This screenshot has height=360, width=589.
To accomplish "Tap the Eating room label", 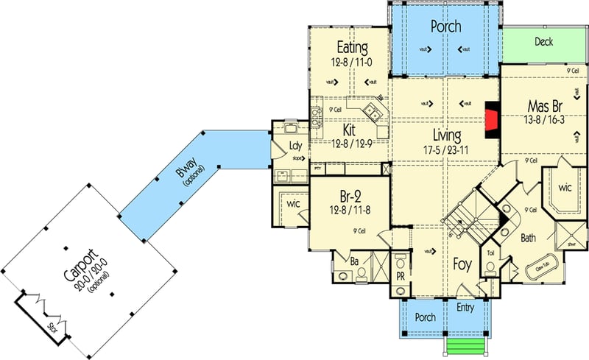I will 352,48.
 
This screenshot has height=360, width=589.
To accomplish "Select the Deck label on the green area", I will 543,42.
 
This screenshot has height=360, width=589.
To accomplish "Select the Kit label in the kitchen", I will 349,130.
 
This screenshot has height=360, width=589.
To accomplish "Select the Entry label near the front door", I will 465,306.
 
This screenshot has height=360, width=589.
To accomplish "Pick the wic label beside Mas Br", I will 565,188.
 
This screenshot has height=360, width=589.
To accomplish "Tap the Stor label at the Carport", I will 51,327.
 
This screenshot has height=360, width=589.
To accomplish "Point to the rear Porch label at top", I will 445,27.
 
